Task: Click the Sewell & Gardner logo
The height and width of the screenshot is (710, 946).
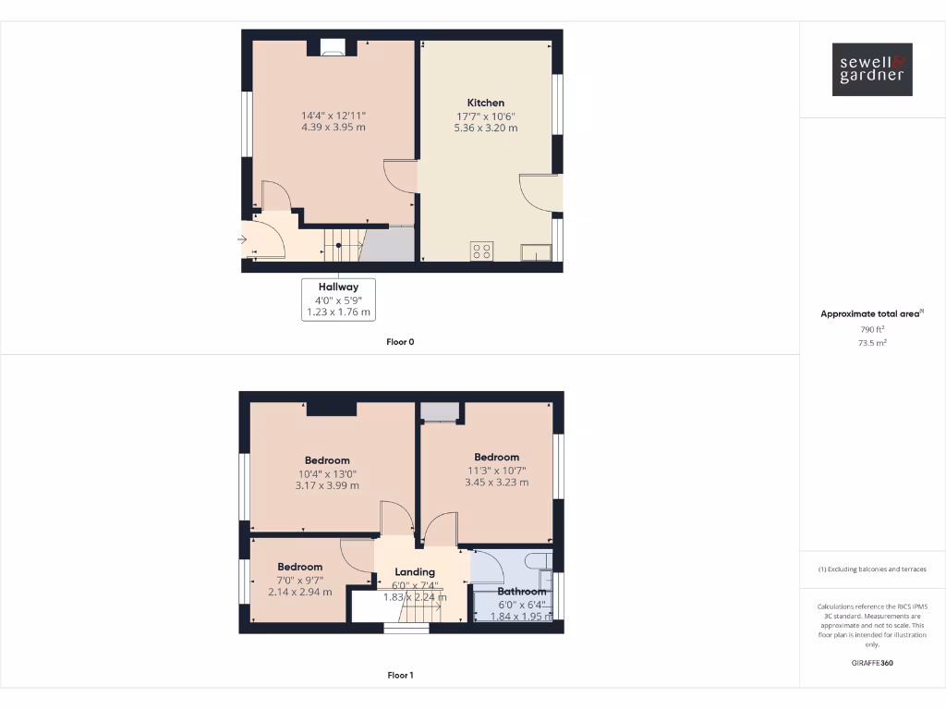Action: pyautogui.click(x=872, y=69)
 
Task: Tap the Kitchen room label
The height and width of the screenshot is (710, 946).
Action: pyautogui.click(x=486, y=103)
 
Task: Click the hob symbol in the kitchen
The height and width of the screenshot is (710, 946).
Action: pyautogui.click(x=482, y=251)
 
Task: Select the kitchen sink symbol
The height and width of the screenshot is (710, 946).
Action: pyautogui.click(x=536, y=252)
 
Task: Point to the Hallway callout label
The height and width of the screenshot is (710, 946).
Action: pyautogui.click(x=339, y=287)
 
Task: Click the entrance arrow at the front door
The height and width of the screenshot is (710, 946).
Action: pyautogui.click(x=242, y=240)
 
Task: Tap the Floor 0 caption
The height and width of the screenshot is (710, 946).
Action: pyautogui.click(x=400, y=342)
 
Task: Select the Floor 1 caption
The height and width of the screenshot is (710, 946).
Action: pyautogui.click(x=400, y=676)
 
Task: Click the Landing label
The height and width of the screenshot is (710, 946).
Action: pyautogui.click(x=415, y=572)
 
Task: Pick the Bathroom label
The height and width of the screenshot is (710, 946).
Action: pyautogui.click(x=522, y=592)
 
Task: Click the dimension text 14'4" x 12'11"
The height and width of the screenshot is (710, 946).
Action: pyautogui.click(x=334, y=116)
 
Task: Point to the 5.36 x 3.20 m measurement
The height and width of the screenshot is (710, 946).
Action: pyautogui.click(x=486, y=128)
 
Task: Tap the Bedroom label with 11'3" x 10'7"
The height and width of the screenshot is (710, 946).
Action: pyautogui.click(x=497, y=457)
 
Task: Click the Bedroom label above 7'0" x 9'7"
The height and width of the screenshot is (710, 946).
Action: pyautogui.click(x=300, y=567)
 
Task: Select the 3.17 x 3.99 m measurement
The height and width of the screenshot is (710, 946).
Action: pyautogui.click(x=328, y=485)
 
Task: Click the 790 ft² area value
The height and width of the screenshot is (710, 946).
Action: pyautogui.click(x=872, y=329)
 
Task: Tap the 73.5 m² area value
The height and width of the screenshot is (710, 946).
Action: pyautogui.click(x=872, y=343)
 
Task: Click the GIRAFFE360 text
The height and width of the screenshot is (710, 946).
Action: pyautogui.click(x=872, y=663)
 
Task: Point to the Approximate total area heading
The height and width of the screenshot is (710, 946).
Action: pyautogui.click(x=870, y=314)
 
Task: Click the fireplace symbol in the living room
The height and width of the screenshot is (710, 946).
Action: pyautogui.click(x=334, y=48)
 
